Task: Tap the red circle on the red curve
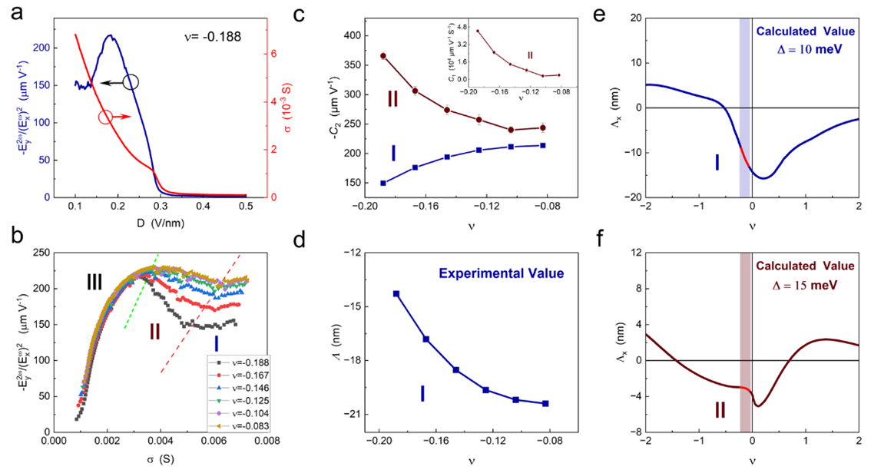click(x=105, y=117)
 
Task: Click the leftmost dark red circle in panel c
click(x=383, y=56)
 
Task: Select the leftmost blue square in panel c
click(x=383, y=183)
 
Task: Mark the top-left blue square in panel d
click(x=396, y=293)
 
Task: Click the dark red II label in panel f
click(x=720, y=411)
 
